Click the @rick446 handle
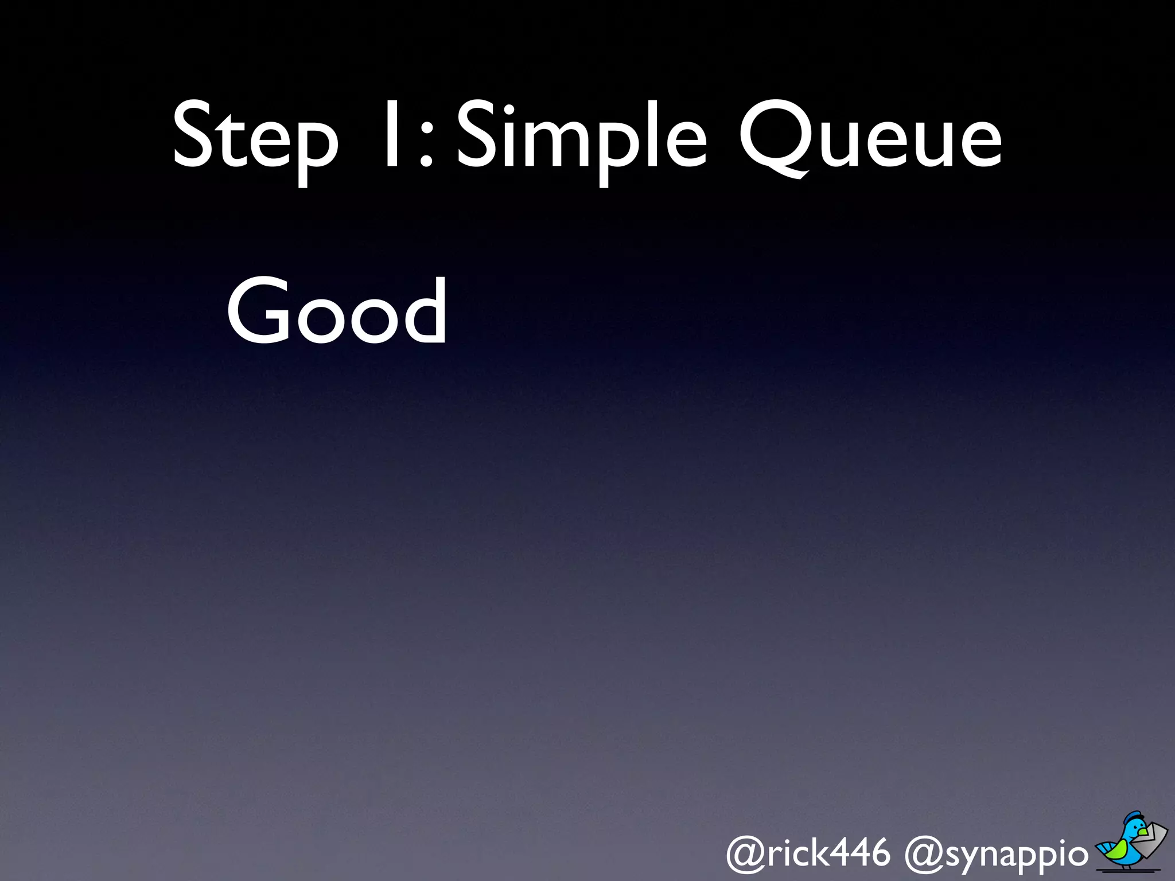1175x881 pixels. [808, 853]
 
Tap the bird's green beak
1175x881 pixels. [1143, 832]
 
